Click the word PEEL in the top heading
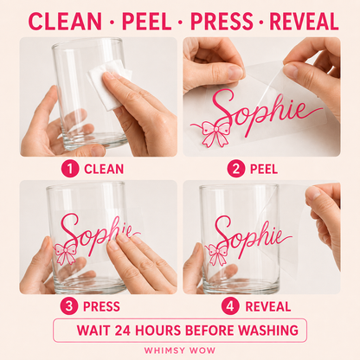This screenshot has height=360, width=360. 147,22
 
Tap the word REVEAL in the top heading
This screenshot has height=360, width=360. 304,22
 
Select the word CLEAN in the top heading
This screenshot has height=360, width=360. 65,22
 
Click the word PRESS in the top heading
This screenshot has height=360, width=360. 222,22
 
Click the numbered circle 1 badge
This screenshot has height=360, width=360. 70,169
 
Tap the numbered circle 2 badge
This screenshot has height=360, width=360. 235,169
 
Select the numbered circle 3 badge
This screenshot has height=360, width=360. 69,306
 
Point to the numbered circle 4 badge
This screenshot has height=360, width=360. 230,306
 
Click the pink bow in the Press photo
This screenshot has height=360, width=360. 66,254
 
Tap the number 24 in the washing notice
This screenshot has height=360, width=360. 123,331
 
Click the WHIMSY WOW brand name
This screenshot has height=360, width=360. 180,350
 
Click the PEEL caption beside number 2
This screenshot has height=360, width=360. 264,169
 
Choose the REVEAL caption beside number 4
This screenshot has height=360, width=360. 268,306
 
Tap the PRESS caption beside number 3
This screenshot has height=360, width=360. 101,306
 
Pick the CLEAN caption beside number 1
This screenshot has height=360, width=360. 104,169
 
